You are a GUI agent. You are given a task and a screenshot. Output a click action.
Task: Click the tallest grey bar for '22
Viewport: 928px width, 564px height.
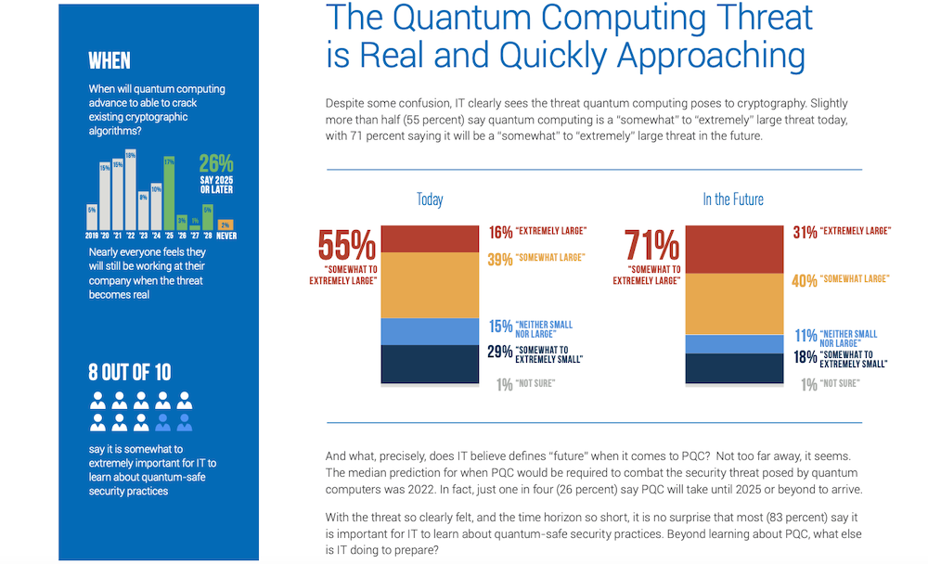pyautogui.click(x=131, y=189)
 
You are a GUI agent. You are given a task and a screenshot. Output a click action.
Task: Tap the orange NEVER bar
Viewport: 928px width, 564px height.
pyautogui.click(x=225, y=224)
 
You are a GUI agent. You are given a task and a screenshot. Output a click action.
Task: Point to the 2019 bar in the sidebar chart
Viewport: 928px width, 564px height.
pyautogui.click(x=92, y=216)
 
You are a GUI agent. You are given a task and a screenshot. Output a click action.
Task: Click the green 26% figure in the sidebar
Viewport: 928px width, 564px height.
pyautogui.click(x=215, y=163)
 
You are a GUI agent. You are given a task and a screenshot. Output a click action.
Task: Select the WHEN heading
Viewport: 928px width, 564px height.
pyautogui.click(x=110, y=62)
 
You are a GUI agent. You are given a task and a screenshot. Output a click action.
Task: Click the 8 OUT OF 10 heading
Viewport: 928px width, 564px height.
pyautogui.click(x=130, y=373)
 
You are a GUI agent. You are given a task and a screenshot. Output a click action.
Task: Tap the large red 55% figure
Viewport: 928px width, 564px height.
pyautogui.click(x=346, y=246)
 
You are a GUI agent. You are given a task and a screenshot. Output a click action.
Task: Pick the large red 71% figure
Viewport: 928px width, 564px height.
pyautogui.click(x=652, y=246)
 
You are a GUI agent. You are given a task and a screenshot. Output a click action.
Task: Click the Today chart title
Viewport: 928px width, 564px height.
pyautogui.click(x=430, y=199)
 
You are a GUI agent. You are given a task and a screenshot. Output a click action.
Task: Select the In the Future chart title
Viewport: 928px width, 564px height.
pyautogui.click(x=733, y=199)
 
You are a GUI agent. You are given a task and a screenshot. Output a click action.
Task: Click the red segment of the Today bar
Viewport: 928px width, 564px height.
pyautogui.click(x=429, y=238)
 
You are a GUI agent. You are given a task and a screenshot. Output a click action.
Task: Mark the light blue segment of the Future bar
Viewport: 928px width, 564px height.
pyautogui.click(x=733, y=344)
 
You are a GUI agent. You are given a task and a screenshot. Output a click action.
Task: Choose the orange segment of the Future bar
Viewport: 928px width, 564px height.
pyautogui.click(x=733, y=303)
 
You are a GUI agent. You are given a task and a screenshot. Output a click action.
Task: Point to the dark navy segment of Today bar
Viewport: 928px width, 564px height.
pyautogui.click(x=429, y=364)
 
